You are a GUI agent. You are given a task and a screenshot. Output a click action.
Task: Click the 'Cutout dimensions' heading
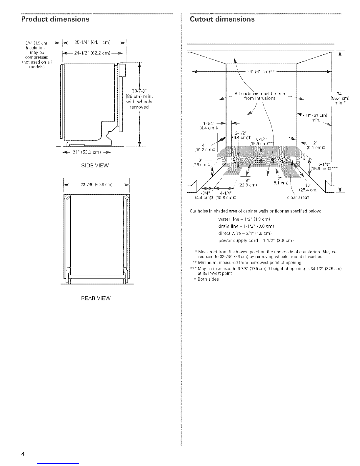[222, 19]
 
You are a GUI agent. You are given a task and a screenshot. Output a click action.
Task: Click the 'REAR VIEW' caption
[96, 298]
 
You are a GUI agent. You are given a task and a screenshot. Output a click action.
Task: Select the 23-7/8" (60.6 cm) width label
[96, 185]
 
